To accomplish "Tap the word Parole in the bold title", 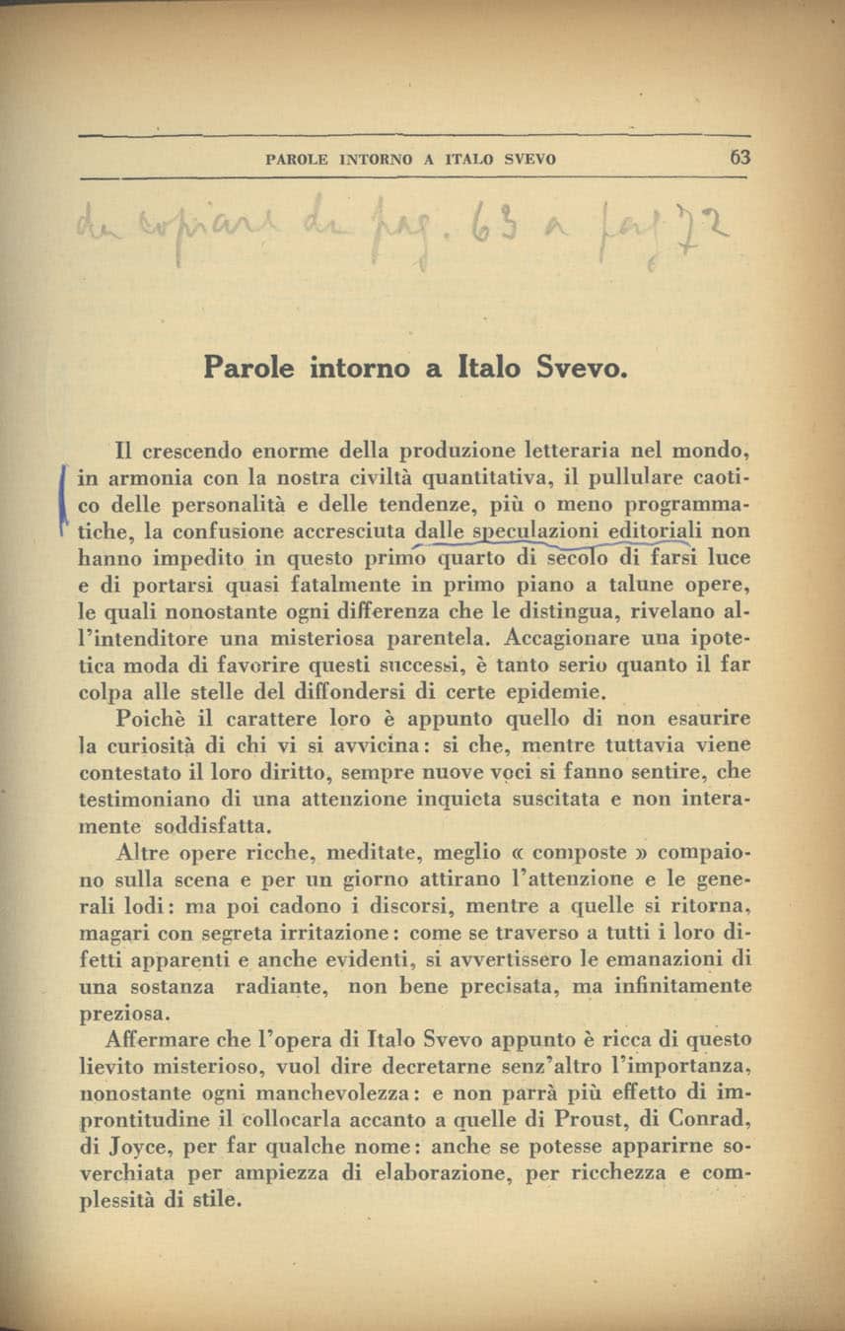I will coord(250,368).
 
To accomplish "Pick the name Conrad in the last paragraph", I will coord(708,1120).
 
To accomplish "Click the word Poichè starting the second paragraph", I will coord(149,718).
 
